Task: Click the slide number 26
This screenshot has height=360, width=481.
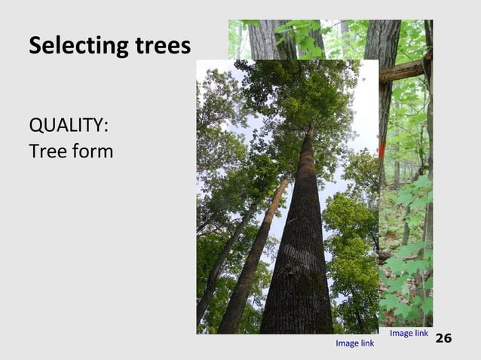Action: tap(444, 338)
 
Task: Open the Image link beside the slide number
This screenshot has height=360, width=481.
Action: tap(409, 333)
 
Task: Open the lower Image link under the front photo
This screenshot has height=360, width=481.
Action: tap(354, 343)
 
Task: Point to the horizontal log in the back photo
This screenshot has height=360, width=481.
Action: tap(403, 71)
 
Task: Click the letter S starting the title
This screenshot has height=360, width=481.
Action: tap(35, 47)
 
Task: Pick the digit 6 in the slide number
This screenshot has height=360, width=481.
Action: tap(448, 338)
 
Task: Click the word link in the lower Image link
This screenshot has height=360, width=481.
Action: tap(366, 343)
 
